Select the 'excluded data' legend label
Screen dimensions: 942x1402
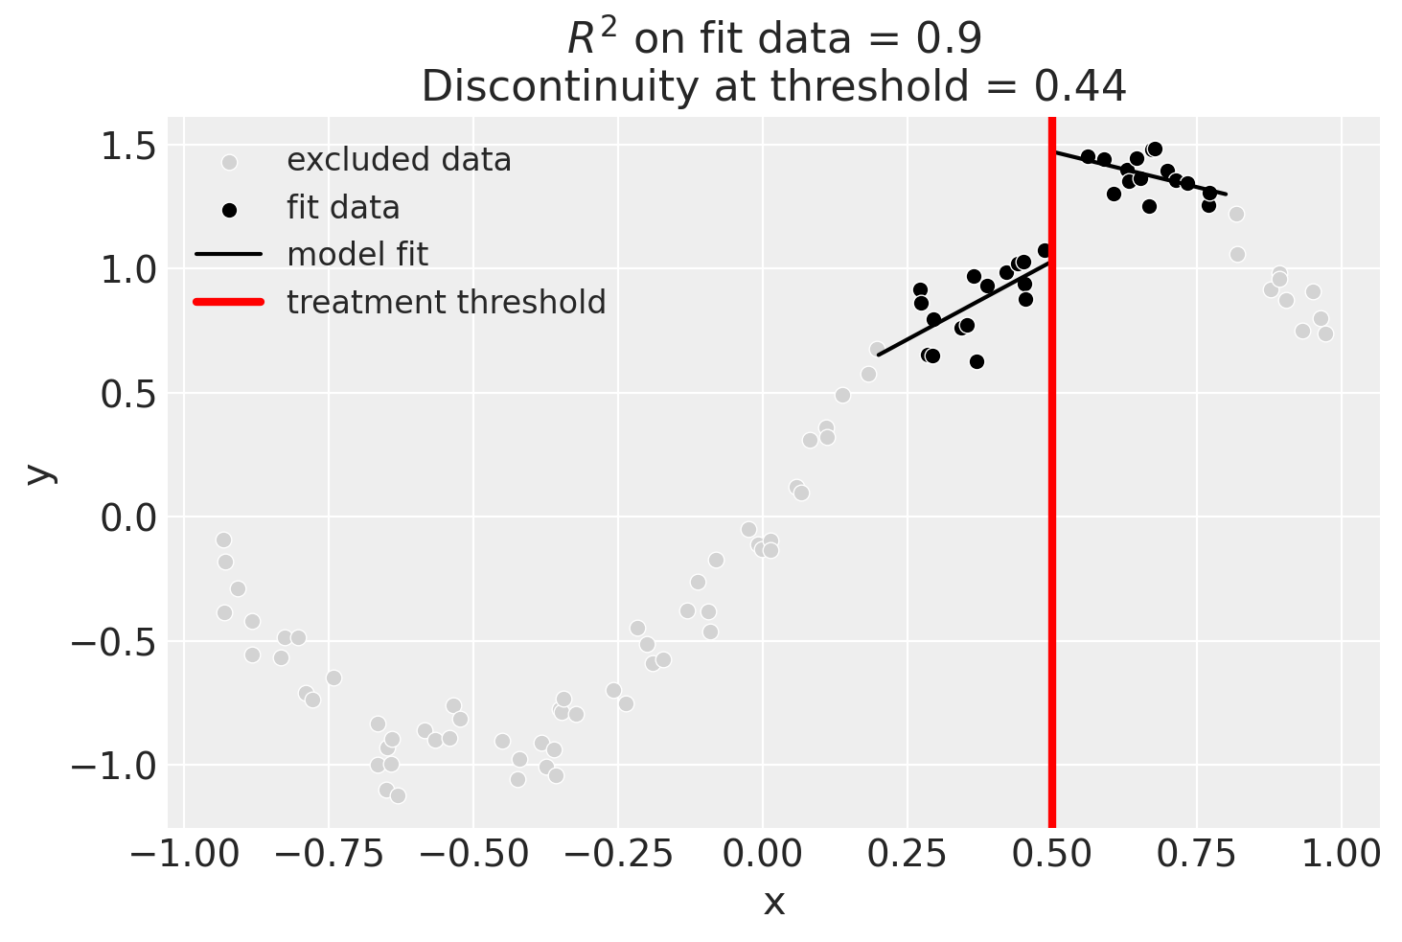click(x=399, y=160)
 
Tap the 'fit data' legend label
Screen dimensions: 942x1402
click(x=342, y=208)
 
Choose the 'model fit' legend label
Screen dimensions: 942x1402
click(x=356, y=255)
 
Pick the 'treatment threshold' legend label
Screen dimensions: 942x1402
click(x=446, y=303)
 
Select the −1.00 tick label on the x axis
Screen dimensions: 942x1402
click(x=183, y=852)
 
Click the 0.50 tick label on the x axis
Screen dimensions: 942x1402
click(x=1052, y=852)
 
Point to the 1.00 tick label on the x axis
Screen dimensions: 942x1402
click(x=1342, y=852)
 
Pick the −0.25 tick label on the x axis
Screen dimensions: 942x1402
click(x=617, y=852)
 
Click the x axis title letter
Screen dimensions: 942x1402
click(x=773, y=903)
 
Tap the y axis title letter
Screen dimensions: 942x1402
click(x=39, y=472)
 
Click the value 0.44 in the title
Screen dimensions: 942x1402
click(x=1080, y=87)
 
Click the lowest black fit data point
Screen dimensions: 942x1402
click(x=977, y=361)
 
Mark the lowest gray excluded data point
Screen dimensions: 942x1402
click(x=398, y=795)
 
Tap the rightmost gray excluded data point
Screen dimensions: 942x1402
click(x=1325, y=333)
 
